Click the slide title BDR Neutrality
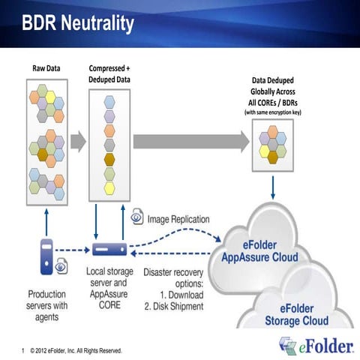pos(78,23)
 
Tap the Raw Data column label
pos(46,68)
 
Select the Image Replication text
pos(178,220)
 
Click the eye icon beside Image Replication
pos(138,217)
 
